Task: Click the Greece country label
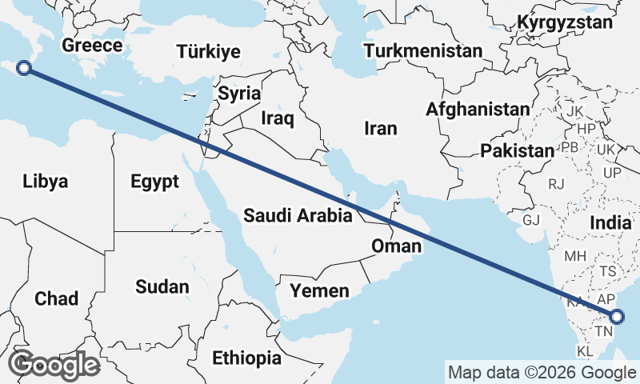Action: tap(92, 45)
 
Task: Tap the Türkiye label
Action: tap(208, 52)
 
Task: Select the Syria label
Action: tap(239, 93)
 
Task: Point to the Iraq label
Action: tap(278, 119)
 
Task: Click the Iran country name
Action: tap(380, 128)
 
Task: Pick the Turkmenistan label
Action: tap(422, 51)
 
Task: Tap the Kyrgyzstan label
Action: tap(565, 22)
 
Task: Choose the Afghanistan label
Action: tap(478, 109)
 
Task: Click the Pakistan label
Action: tap(518, 150)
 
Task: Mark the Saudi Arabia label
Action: tap(298, 215)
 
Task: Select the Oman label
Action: tap(395, 246)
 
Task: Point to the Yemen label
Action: tap(319, 290)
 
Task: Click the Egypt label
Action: tap(154, 182)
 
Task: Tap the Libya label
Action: tap(46, 181)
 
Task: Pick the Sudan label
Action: tap(162, 286)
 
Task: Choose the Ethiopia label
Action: tap(246, 358)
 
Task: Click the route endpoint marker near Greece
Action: tap(24, 68)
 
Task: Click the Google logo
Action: tap(54, 365)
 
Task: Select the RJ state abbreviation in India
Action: tap(556, 184)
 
